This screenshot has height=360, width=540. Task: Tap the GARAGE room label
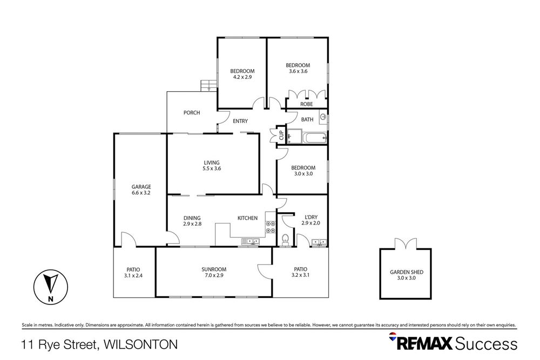(141, 187)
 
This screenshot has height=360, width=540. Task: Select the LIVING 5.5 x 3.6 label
(212, 165)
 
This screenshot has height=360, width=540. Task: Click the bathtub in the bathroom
(314, 138)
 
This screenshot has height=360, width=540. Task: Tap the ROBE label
(307, 104)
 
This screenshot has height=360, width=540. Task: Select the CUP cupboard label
(281, 135)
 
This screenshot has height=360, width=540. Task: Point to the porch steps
(208, 85)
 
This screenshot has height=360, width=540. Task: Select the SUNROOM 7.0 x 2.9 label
(214, 269)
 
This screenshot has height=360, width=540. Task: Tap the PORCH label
(192, 113)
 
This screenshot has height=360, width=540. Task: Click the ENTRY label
(240, 121)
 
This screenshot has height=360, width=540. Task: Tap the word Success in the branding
(486, 343)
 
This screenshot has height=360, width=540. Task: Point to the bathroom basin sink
(323, 117)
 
